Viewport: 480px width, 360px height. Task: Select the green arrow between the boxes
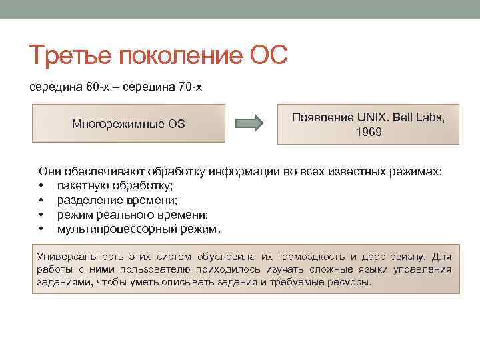(251, 123)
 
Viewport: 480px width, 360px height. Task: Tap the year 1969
(369, 132)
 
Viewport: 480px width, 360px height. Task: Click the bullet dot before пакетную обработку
(41, 186)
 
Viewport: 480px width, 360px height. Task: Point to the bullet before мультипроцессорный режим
(41, 229)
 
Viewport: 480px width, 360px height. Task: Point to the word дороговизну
(393, 257)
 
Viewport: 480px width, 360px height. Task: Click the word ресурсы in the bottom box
(347, 282)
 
